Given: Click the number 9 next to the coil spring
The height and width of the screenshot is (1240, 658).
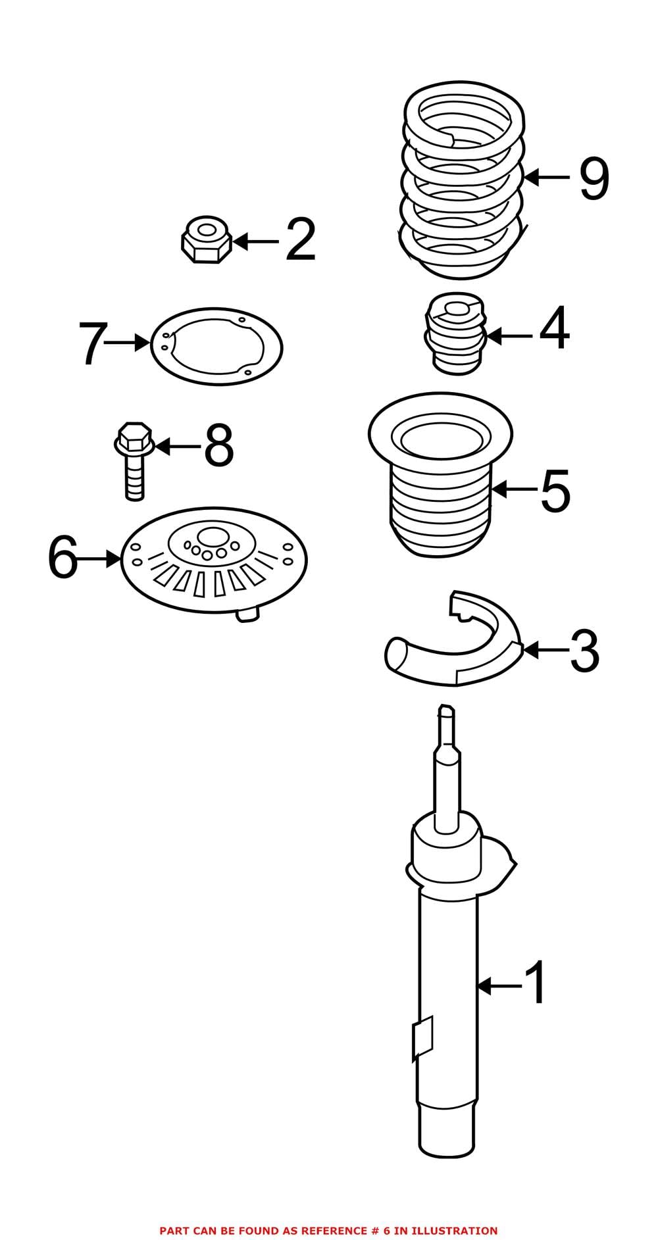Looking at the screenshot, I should point(594,178).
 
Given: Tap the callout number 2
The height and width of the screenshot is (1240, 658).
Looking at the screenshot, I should point(301,241).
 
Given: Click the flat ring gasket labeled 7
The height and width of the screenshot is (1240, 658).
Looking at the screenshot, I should point(216,347).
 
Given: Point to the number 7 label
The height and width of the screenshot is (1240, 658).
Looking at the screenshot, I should point(91,343).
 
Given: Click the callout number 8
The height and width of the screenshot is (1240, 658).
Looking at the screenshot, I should point(218,447).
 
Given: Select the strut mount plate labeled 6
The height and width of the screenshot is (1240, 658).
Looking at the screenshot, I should point(214,560).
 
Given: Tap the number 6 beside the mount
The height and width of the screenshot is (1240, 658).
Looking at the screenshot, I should point(63,558).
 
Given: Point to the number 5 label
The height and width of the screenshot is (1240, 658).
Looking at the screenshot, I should point(555,490).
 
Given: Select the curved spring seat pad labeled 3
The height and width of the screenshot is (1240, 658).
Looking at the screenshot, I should point(454,648).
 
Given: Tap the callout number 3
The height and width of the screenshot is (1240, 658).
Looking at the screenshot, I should point(584,651).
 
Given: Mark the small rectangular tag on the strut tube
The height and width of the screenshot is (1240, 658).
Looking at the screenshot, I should point(423,1038).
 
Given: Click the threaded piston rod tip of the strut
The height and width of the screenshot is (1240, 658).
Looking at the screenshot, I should point(446,714).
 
